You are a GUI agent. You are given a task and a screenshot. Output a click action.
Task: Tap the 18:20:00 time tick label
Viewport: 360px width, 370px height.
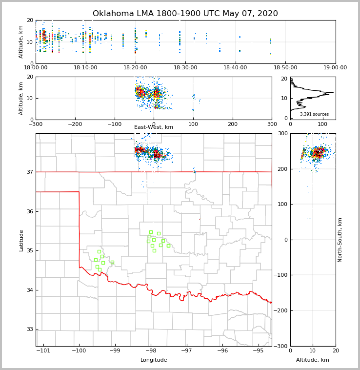136,67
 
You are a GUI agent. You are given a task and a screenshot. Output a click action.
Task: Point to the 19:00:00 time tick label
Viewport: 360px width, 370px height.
335,67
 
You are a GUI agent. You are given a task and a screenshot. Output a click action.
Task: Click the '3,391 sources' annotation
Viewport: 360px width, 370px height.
314,114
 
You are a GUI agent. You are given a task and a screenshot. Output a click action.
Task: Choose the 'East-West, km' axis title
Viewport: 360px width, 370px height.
154,127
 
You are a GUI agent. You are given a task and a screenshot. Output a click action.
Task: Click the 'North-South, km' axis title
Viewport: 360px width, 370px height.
340,240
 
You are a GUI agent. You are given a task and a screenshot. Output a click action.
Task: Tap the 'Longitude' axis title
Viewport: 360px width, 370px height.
154,360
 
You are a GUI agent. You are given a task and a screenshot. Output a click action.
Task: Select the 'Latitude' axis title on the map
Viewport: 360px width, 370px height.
21,240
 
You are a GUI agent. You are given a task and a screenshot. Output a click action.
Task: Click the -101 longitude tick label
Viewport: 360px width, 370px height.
43,350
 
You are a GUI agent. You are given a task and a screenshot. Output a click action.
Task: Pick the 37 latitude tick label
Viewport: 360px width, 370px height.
30,172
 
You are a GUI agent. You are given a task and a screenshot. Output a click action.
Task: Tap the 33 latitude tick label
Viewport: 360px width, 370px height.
30,329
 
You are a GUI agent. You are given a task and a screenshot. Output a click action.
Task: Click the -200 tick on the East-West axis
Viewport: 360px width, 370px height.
75,124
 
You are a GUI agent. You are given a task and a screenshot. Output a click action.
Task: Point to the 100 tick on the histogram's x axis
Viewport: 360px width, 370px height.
322,124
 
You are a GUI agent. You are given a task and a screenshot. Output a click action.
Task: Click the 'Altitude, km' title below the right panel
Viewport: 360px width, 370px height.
313,360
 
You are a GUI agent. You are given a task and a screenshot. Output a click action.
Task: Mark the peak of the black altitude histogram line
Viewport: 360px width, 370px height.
333,92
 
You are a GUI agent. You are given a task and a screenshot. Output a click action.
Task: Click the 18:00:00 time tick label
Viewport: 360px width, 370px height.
36,67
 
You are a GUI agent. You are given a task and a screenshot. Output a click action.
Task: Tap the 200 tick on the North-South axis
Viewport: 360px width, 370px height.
283,169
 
